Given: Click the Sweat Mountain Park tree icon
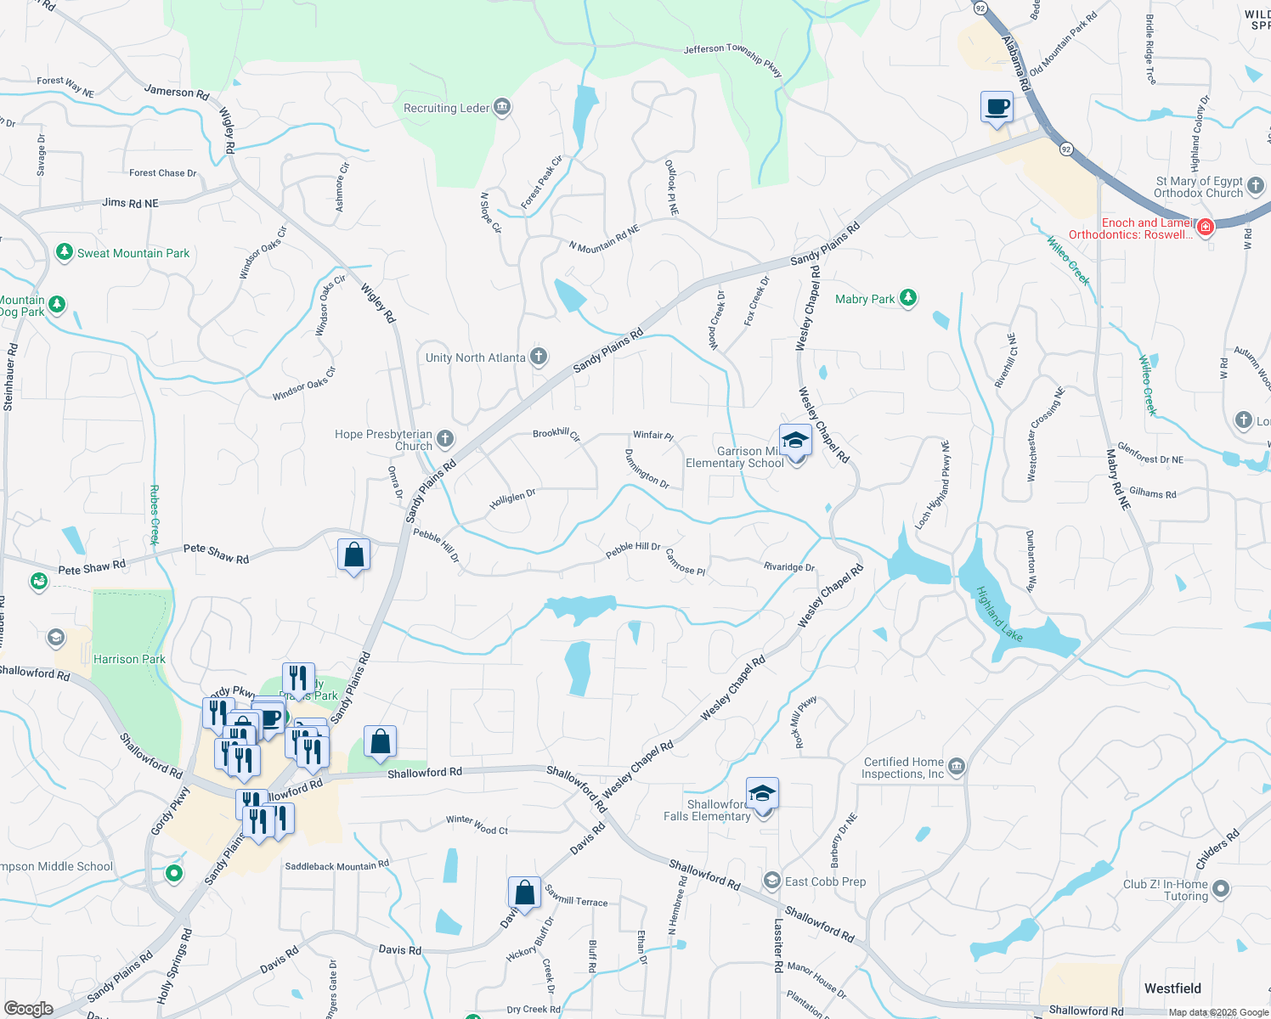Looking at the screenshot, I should tap(64, 252).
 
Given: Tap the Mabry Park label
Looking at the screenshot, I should tap(864, 299).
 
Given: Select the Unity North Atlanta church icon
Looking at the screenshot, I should tap(539, 357).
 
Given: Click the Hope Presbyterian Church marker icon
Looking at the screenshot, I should tap(445, 439).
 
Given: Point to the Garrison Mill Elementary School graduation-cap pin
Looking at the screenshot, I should tap(795, 441).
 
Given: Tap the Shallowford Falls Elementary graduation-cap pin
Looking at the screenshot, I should tap(762, 794).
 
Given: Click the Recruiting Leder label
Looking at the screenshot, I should tap(446, 108).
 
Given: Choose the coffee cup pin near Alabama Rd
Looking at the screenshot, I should tap(997, 108).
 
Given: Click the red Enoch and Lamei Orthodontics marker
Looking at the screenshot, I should tap(1205, 227).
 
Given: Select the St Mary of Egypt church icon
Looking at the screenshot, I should tap(1256, 184).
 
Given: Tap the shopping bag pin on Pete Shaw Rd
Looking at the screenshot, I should tap(353, 555).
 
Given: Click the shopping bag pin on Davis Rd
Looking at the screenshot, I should tap(524, 892).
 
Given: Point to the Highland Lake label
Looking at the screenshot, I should tap(999, 614).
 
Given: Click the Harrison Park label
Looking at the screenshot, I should tap(129, 659).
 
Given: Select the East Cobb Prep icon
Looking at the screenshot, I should tap(771, 881).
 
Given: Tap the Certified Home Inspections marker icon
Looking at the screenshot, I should tap(957, 767).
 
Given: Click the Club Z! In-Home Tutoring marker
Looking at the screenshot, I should tap(1221, 889).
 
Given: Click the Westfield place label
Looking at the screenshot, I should tap(1172, 988).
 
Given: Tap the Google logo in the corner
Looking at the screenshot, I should tap(29, 1008).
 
